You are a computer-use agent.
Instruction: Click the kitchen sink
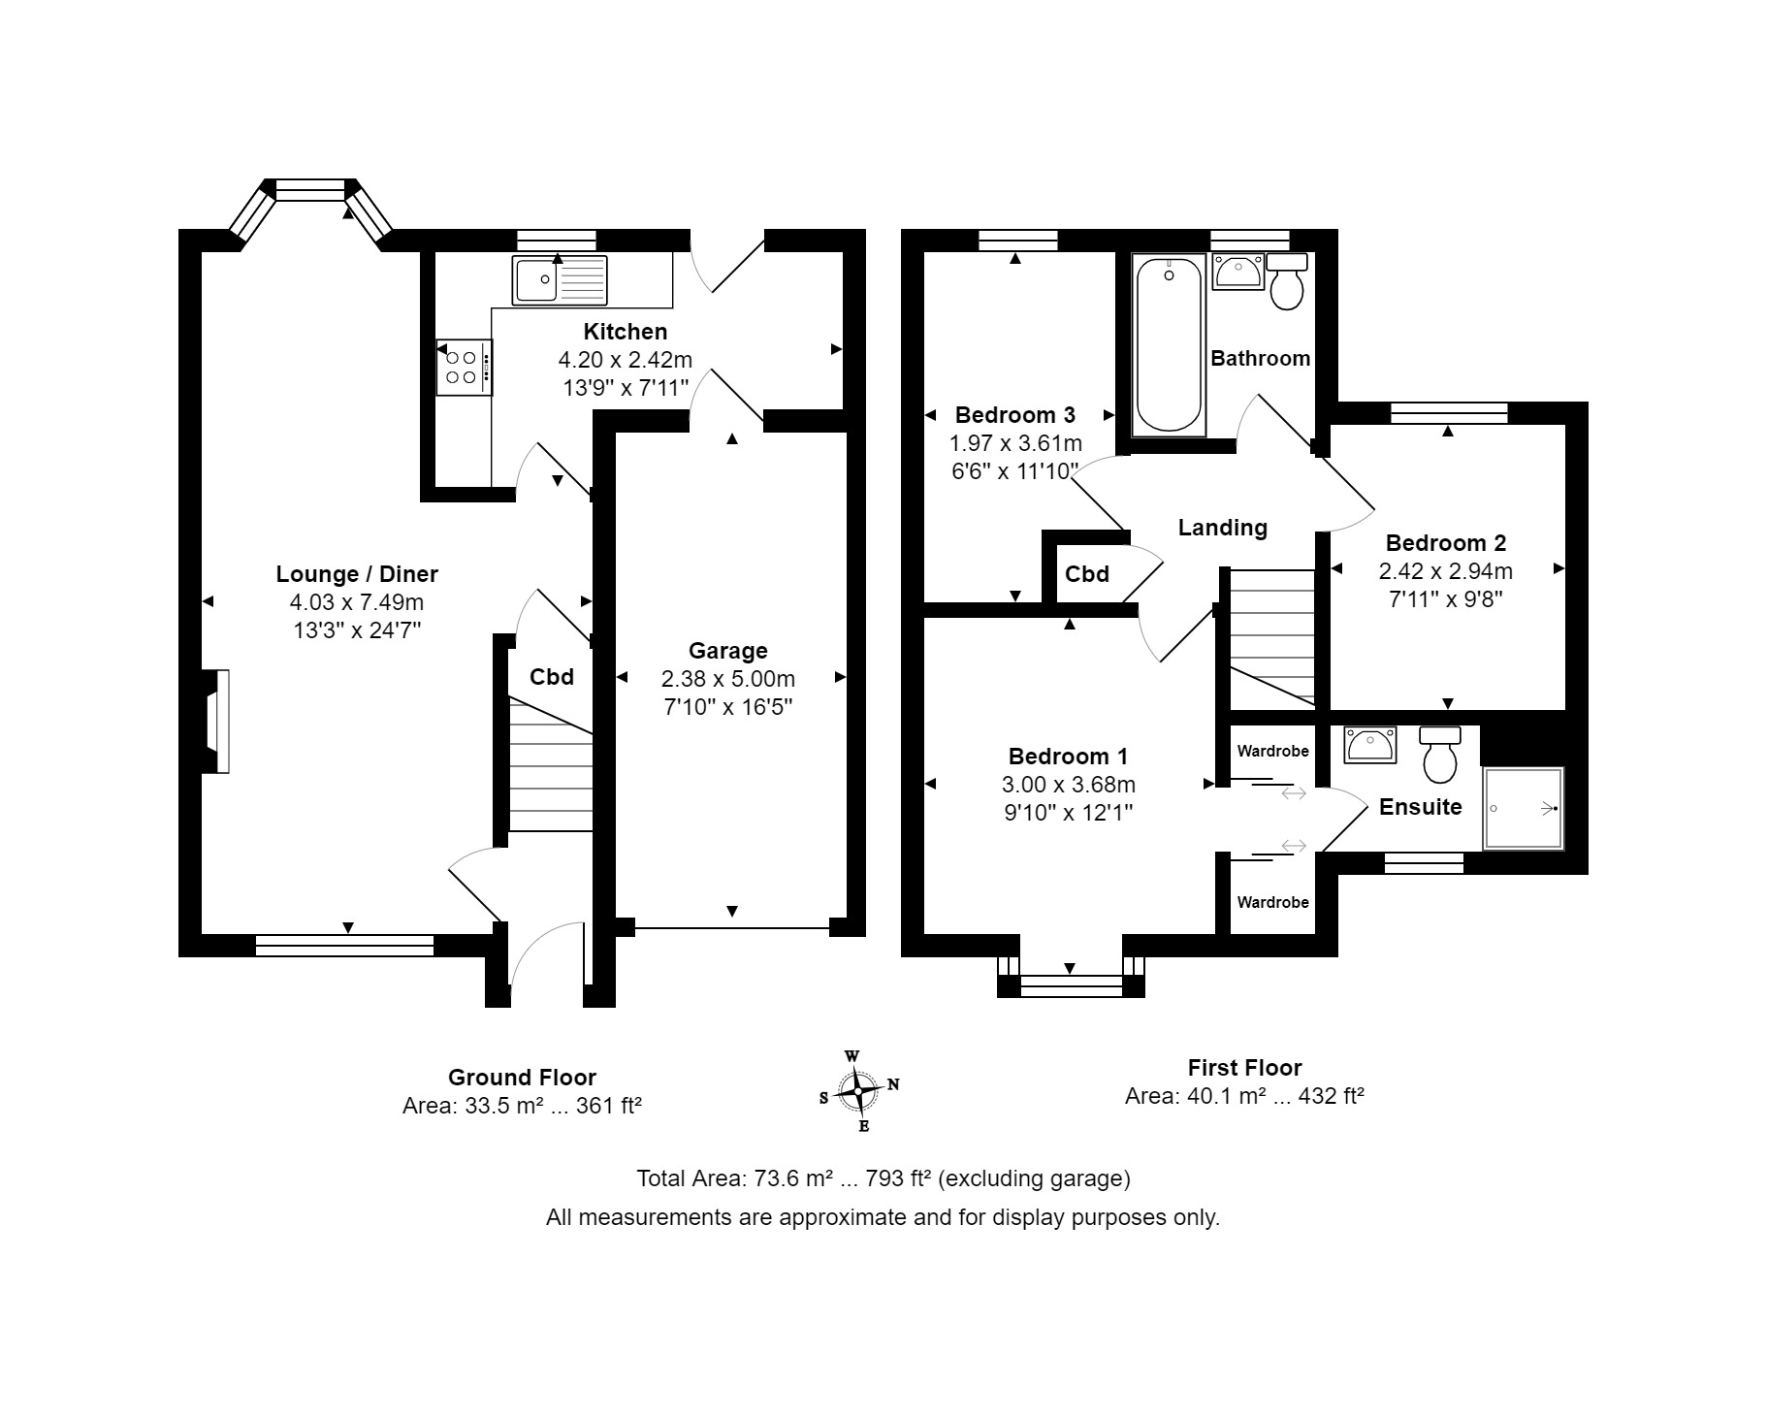[x=561, y=279]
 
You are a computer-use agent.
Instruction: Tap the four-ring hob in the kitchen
[x=465, y=367]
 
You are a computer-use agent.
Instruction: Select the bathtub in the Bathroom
[x=1169, y=344]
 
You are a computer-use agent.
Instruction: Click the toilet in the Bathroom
[x=1287, y=280]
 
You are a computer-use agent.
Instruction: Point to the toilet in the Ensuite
[x=1440, y=754]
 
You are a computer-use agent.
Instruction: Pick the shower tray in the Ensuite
[x=1524, y=809]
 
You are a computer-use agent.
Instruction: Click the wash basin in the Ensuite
[x=1370, y=744]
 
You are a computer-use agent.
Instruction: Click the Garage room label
[x=727, y=651]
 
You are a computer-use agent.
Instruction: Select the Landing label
[x=1222, y=528]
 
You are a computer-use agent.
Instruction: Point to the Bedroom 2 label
[x=1445, y=543]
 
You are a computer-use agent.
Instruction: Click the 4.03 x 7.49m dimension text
[x=357, y=602]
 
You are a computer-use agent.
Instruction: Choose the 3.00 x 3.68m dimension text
[x=1069, y=785]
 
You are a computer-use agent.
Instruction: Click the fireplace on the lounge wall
[x=216, y=721]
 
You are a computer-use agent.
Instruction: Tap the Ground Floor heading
[x=522, y=1078]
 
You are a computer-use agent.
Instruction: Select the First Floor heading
[x=1244, y=1068]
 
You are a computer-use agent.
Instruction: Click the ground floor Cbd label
[x=552, y=677]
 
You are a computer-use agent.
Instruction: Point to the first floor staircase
[x=1272, y=638]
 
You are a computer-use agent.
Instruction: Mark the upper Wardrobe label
[x=1272, y=751]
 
